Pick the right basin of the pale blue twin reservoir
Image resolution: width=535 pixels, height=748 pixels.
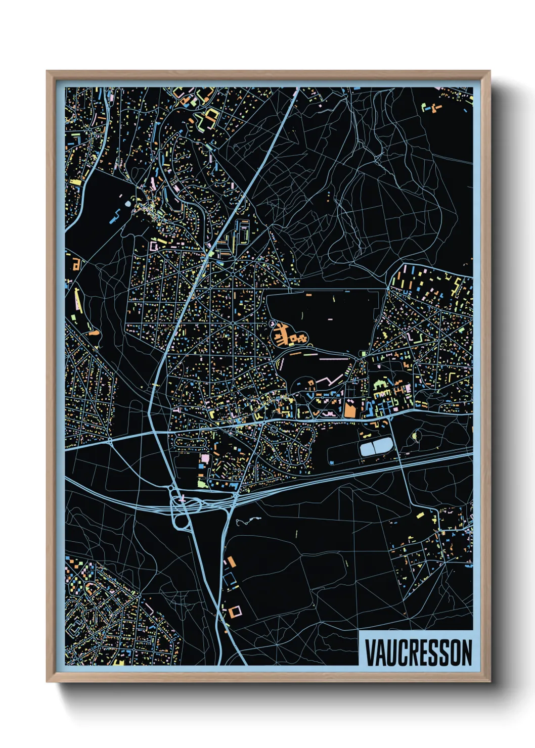(x=382, y=445)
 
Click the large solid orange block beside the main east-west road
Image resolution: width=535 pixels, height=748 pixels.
(x=350, y=408)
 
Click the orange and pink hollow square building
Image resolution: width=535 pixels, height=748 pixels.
(x=235, y=612)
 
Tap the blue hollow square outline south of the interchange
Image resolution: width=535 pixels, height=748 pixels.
(x=230, y=579)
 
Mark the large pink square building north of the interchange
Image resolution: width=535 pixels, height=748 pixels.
(x=205, y=458)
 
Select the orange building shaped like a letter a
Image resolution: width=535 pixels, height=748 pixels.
(x=76, y=264)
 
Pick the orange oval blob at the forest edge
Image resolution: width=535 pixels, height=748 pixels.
(x=94, y=333)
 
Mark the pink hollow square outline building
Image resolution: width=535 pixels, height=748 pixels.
(x=153, y=246)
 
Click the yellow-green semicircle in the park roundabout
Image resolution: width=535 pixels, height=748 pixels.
(x=416, y=435)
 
